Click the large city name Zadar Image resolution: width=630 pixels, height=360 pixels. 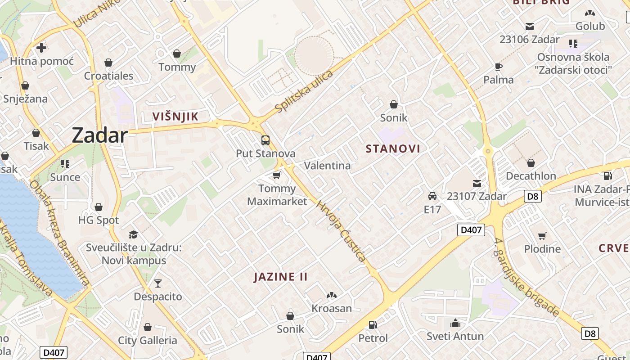click(99, 135)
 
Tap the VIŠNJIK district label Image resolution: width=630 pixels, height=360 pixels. click(175, 117)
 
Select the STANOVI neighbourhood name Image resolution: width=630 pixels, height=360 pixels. click(393, 148)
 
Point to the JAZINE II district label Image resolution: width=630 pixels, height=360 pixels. click(280, 276)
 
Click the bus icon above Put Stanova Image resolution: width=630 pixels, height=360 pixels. click(265, 140)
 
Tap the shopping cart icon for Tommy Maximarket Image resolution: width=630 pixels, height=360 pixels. click(277, 175)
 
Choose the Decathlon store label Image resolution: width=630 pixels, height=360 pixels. click(531, 176)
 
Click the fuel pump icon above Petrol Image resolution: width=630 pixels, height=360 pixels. click(373, 324)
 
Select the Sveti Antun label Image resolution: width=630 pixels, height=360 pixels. click(455, 336)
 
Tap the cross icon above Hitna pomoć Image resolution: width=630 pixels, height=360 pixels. click(41, 48)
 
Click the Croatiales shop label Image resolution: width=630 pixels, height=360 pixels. click(108, 76)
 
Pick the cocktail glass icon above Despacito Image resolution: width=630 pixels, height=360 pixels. click(157, 283)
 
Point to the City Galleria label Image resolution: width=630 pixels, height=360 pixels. click(148, 340)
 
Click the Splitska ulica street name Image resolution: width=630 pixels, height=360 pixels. click(304, 91)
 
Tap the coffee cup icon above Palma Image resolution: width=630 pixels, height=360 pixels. click(498, 67)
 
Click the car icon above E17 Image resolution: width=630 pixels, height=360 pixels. click(432, 196)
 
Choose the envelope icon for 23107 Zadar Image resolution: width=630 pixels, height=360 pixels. click(477, 183)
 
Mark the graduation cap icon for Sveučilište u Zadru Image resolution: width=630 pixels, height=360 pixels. click(133, 234)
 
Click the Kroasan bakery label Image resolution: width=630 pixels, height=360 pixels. click(332, 308)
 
